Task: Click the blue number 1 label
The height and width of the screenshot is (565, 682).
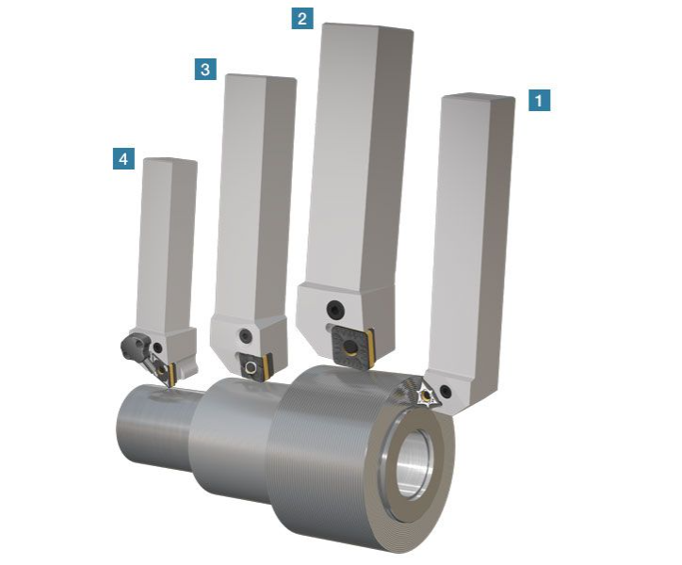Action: [540, 101]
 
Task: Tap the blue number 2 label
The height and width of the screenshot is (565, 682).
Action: [302, 19]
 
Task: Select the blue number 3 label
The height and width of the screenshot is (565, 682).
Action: [205, 70]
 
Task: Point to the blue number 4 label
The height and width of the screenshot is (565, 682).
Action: [123, 159]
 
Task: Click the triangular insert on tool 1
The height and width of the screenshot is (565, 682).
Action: [426, 394]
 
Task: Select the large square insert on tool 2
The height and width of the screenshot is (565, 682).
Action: [351, 348]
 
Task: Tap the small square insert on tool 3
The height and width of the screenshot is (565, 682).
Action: [254, 367]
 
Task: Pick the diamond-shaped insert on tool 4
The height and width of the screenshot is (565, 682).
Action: [163, 371]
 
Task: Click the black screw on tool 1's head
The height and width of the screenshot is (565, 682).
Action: [446, 391]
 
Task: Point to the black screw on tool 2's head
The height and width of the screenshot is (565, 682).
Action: [335, 310]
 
